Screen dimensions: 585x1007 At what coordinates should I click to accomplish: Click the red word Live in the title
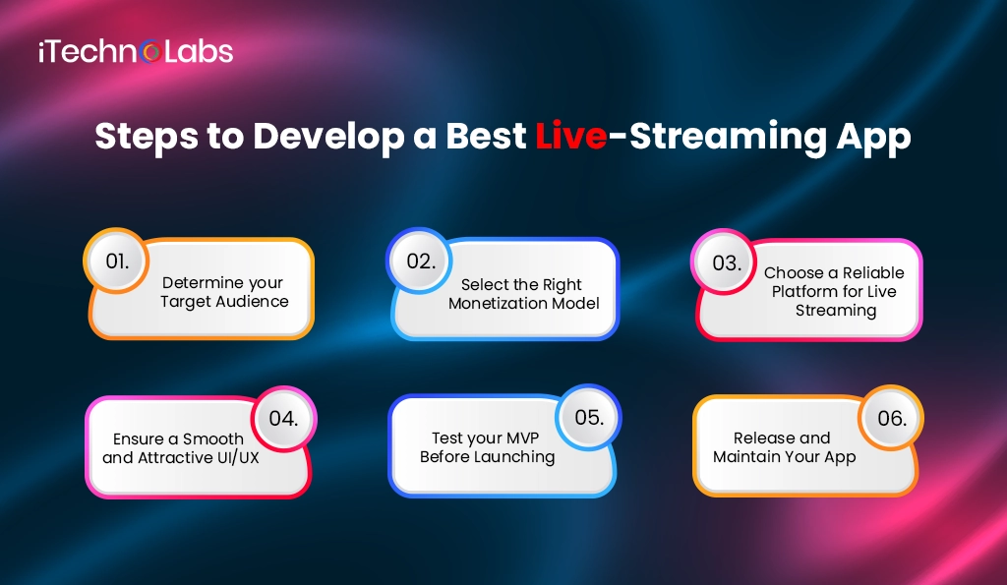(x=570, y=137)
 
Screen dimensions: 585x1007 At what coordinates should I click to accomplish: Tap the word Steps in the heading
(x=145, y=137)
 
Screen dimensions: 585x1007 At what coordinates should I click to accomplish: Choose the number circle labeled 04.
(x=283, y=418)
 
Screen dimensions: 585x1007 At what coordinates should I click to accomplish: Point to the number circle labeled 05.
(x=588, y=417)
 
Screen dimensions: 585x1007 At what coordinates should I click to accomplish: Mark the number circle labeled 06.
(x=891, y=418)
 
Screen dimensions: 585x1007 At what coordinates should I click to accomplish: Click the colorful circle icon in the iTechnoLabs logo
(x=150, y=50)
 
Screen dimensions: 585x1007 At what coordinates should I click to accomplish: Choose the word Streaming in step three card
(x=836, y=311)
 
